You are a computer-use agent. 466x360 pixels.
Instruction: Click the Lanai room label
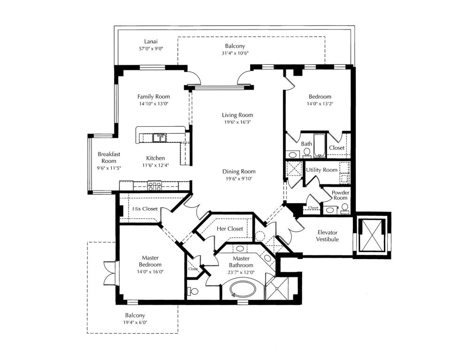coord(145,42)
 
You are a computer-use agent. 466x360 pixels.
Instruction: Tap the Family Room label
coord(153,96)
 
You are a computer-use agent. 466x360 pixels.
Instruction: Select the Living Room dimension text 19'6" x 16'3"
coord(237,122)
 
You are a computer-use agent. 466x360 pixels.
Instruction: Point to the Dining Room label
coord(239,171)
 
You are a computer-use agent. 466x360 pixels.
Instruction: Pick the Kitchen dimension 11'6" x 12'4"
coord(155,165)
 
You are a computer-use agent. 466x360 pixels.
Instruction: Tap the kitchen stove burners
coord(154,185)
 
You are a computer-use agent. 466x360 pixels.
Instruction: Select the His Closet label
coord(145,209)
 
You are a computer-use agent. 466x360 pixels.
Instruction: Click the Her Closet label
coord(230,229)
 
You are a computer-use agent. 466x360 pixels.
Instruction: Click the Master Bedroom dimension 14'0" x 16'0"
coord(150,271)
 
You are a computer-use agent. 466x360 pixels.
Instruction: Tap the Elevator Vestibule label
coord(328,236)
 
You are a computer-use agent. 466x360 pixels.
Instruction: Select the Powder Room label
coord(340,195)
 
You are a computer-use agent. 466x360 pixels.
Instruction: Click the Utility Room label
coord(321,169)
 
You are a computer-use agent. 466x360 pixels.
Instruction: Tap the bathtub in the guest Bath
coord(320,146)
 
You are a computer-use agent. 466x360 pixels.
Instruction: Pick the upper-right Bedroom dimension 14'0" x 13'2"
coord(320,104)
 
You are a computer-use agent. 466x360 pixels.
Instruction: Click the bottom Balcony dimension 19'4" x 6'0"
coord(135,322)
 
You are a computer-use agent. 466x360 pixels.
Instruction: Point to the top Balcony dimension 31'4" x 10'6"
coord(235,53)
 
